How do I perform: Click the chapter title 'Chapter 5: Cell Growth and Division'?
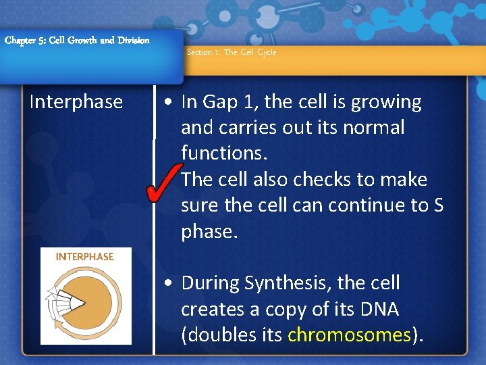pos(77,41)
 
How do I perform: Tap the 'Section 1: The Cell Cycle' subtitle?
pos(231,52)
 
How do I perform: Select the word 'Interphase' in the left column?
pos(76,102)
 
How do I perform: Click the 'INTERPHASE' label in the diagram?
pos(85,257)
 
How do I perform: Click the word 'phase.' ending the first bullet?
pos(209,232)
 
